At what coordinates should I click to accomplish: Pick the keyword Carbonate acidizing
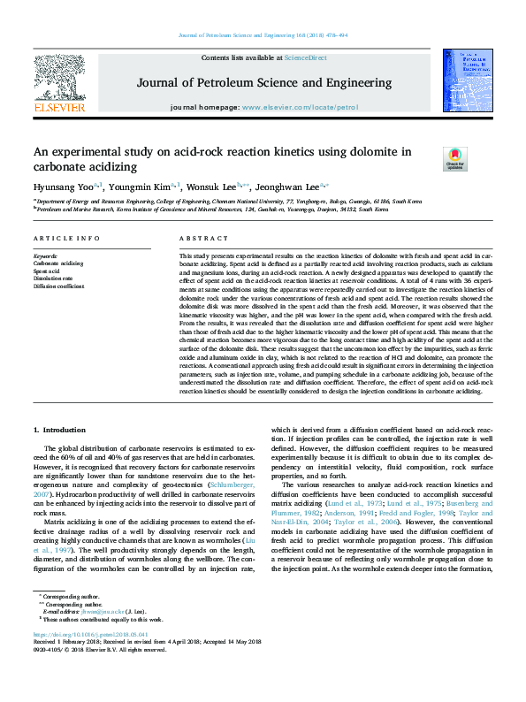(58, 263)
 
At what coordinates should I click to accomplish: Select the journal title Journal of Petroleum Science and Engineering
(263, 84)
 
